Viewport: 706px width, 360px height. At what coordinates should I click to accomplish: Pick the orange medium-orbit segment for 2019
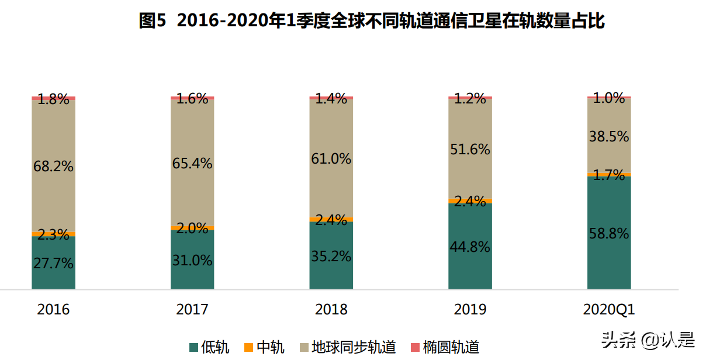pyautogui.click(x=470, y=200)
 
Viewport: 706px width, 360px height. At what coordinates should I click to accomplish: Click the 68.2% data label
pyautogui.click(x=53, y=167)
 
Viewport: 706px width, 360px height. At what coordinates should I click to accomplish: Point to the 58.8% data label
pyautogui.click(x=609, y=234)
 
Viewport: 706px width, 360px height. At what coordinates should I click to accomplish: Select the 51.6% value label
pyautogui.click(x=470, y=150)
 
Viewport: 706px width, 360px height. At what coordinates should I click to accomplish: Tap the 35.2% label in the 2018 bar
pyautogui.click(x=331, y=256)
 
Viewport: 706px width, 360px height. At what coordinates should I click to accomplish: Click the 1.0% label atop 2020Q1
pyautogui.click(x=609, y=99)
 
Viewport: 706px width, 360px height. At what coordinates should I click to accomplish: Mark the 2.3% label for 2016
pyautogui.click(x=53, y=235)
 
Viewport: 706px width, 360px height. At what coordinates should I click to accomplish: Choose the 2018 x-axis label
pyautogui.click(x=331, y=310)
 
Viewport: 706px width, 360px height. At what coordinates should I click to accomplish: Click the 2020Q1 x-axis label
pyautogui.click(x=609, y=310)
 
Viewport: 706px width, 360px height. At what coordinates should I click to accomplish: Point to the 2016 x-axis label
pyautogui.click(x=53, y=310)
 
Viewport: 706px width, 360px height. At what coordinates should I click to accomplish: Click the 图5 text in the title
pyautogui.click(x=153, y=22)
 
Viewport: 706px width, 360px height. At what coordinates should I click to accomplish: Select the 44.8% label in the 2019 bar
pyautogui.click(x=470, y=247)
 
